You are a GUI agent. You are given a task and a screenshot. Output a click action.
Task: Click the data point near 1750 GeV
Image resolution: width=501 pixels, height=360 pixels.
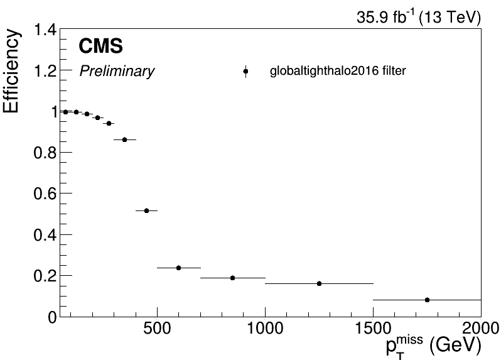[x=427, y=300]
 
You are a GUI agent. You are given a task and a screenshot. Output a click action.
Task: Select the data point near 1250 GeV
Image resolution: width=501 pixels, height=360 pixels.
[x=319, y=283]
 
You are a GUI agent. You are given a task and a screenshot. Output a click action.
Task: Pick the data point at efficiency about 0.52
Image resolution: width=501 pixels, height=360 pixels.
[x=146, y=210]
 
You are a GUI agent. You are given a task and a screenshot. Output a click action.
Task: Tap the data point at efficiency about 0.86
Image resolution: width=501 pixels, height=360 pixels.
[x=124, y=139]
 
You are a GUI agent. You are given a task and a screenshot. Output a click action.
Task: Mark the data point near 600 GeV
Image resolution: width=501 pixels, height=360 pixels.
[x=178, y=268]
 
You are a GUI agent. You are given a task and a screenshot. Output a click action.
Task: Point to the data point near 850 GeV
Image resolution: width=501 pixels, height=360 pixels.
[x=232, y=278]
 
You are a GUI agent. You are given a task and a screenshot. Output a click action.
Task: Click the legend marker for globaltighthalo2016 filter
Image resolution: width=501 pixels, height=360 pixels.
[x=245, y=72]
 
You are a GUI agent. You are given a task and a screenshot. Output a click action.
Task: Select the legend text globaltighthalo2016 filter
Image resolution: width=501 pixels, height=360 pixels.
[x=338, y=72]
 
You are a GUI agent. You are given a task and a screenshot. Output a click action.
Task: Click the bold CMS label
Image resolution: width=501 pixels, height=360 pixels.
[x=100, y=46]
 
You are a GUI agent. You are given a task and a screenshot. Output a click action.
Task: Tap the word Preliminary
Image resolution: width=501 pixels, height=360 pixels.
[x=117, y=72]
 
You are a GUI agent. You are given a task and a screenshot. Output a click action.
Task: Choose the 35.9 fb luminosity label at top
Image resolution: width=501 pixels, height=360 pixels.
[x=419, y=18]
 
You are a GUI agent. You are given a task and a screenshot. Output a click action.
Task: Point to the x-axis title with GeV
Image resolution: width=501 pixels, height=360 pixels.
[x=433, y=346]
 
